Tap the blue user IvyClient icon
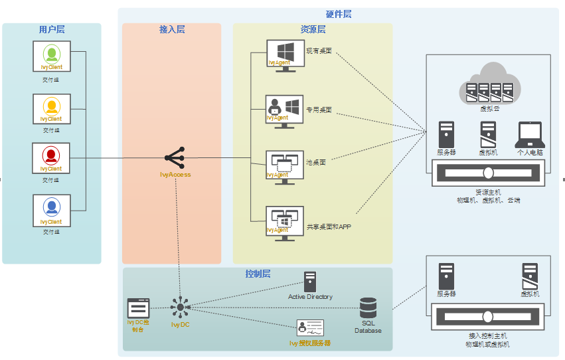[x=51, y=207]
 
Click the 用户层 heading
[x=52, y=29]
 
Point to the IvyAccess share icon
[x=175, y=158]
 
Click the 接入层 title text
[x=172, y=29]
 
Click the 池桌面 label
[x=315, y=162]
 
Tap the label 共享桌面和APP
[x=329, y=226]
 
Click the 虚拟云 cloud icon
[x=490, y=82]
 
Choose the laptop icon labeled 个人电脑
[x=530, y=135]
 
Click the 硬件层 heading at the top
[x=339, y=14]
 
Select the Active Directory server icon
[x=310, y=282]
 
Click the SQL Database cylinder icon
[x=368, y=308]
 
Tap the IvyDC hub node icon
[x=180, y=307]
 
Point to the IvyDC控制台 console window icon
[x=139, y=308]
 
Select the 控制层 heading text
[x=258, y=274]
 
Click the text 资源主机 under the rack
[x=489, y=192]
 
